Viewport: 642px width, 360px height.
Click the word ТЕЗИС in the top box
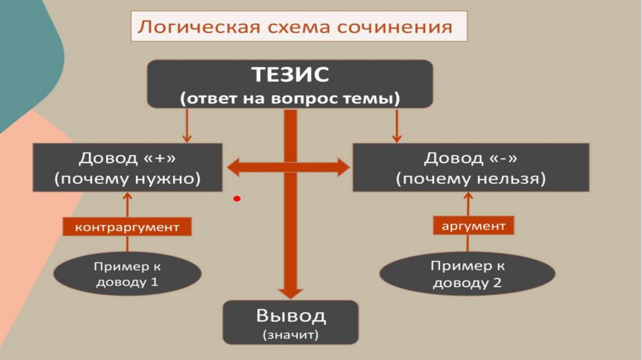pos(290,75)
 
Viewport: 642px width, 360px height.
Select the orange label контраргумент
pos(127,226)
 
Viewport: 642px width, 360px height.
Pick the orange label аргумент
pos(474,225)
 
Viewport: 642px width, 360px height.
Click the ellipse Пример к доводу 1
pos(128,274)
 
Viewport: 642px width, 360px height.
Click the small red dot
pos(237,199)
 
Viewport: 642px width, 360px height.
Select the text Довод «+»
pos(127,156)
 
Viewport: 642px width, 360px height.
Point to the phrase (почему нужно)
pos(127,179)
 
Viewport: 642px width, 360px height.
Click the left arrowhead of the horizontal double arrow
pos(234,167)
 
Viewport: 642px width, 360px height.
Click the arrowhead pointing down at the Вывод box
pos(290,291)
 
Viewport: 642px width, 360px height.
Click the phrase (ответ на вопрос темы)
pos(290,98)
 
